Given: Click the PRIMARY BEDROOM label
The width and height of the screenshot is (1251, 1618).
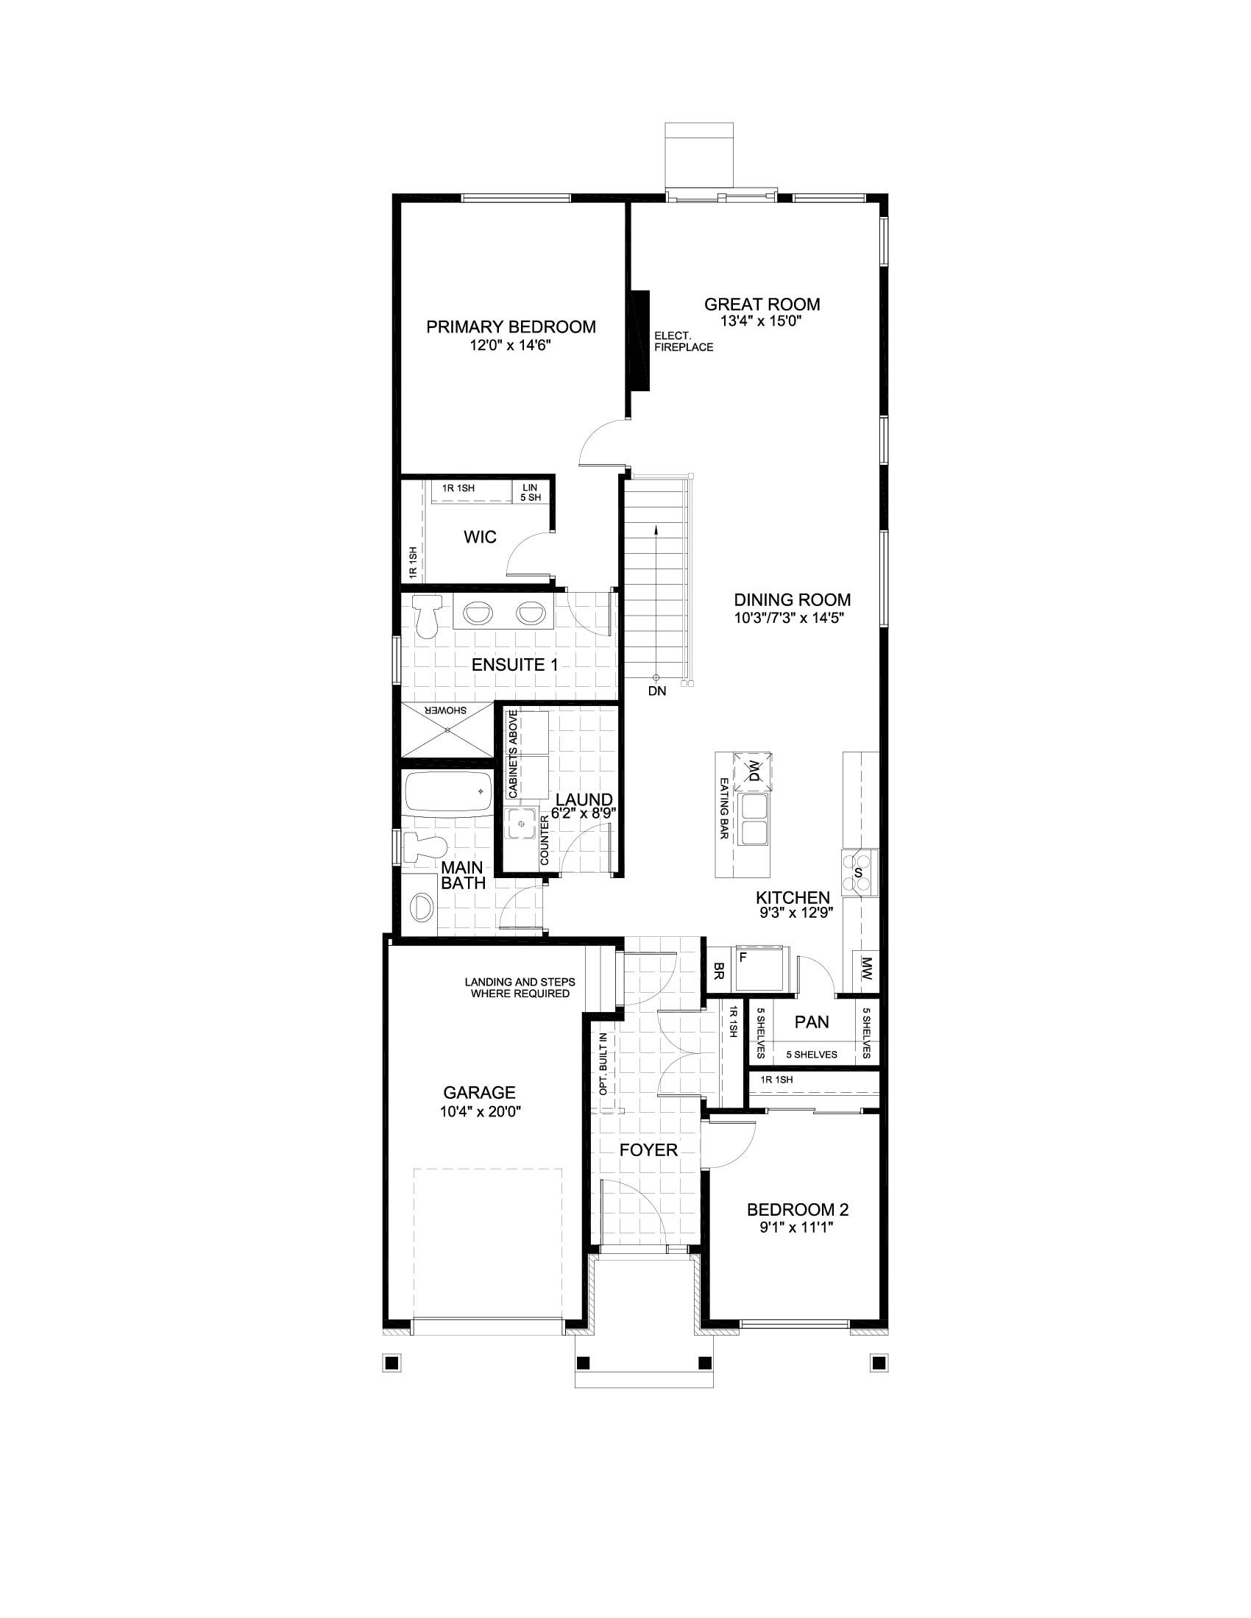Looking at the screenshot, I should coord(511,327).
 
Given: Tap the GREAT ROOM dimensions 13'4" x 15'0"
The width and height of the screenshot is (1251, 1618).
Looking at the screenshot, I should coord(761,321).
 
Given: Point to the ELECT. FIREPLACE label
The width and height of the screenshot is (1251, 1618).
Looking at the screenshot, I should coord(683,341).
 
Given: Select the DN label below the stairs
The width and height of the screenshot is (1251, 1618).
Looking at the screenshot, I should coord(656,691).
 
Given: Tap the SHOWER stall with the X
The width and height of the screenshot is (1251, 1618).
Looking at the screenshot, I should coord(447,730).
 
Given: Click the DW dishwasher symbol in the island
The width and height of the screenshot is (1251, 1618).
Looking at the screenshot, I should coord(753,771).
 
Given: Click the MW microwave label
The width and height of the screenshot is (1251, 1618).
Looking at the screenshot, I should coord(866,972).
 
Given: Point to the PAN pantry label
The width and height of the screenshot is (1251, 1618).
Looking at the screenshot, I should coord(812,1022).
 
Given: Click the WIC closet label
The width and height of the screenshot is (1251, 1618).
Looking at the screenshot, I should coord(480,537).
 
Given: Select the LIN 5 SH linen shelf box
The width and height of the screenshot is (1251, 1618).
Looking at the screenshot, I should coord(531,492).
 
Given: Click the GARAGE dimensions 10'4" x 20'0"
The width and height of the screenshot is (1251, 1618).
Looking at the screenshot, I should coord(479,1111).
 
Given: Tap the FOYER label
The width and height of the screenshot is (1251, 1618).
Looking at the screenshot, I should coord(648,1150).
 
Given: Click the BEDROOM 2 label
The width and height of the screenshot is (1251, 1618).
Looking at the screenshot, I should coord(798,1210).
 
